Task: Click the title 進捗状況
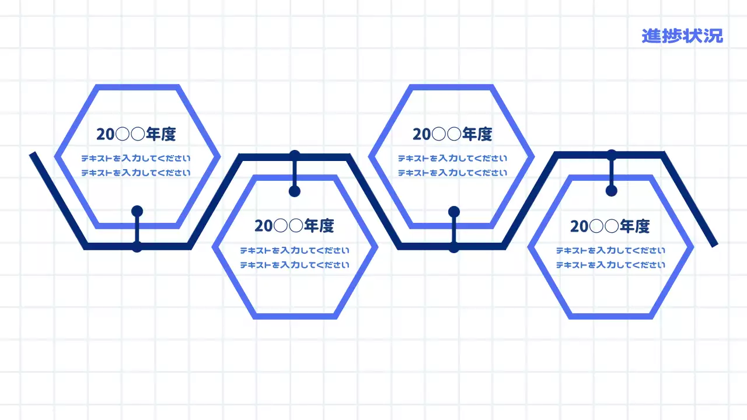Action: tap(682, 36)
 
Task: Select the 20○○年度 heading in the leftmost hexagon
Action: tap(136, 134)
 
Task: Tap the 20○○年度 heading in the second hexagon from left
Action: tap(294, 226)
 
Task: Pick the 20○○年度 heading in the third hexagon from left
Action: tap(452, 134)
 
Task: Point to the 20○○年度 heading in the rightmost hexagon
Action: tap(610, 226)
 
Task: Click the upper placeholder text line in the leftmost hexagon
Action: tap(136, 158)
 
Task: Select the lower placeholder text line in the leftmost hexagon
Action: tap(136, 173)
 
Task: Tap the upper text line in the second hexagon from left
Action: tap(295, 251)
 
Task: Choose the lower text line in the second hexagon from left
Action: tap(295, 265)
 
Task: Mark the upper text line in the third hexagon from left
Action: tap(453, 158)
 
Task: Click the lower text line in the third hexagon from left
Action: tap(453, 173)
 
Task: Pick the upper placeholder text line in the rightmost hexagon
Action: tap(610, 251)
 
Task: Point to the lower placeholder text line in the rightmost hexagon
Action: tap(610, 265)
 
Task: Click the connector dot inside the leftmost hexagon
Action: tap(137, 211)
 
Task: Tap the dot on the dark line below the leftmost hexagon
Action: tap(137, 247)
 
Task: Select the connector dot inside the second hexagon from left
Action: tap(295, 191)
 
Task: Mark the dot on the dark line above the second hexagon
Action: tap(295, 155)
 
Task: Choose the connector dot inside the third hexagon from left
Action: tap(454, 211)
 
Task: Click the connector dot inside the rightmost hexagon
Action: tap(611, 190)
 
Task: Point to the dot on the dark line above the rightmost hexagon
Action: tap(611, 155)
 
